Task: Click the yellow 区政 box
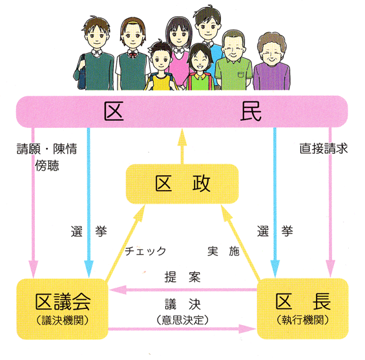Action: [182, 184]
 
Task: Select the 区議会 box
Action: [63, 309]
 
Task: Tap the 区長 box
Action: [302, 309]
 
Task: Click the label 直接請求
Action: [324, 149]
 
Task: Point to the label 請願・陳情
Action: [47, 149]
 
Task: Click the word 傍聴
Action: [47, 165]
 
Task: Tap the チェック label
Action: [145, 251]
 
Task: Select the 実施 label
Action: [224, 251]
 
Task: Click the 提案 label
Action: [182, 277]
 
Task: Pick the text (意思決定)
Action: [182, 320]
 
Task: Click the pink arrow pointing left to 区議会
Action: [183, 290]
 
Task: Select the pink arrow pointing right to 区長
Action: [182, 329]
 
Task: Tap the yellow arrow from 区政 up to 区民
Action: [182, 146]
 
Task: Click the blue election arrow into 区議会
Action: [89, 202]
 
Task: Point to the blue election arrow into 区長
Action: [275, 202]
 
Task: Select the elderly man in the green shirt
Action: [233, 61]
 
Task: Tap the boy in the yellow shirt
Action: [161, 67]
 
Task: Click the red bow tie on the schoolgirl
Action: [133, 55]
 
